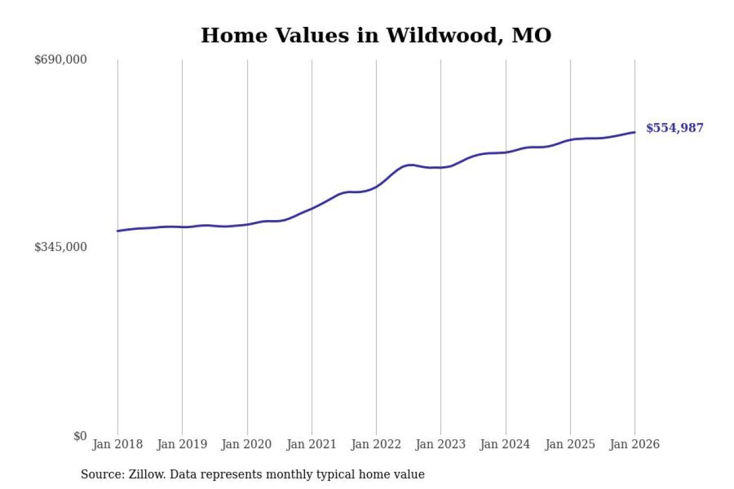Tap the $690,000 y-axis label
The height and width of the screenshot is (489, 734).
pyautogui.click(x=60, y=60)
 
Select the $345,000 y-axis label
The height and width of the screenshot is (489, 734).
pyautogui.click(x=60, y=247)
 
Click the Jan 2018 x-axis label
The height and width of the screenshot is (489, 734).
pyautogui.click(x=118, y=445)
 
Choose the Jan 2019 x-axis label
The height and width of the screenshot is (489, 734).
pyautogui.click(x=182, y=445)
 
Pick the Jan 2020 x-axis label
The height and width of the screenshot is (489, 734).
pyautogui.click(x=247, y=445)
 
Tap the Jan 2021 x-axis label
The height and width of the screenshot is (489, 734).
pyautogui.click(x=311, y=445)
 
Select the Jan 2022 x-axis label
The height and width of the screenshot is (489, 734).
pyautogui.click(x=376, y=445)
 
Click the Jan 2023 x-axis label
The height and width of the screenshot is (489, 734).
pyautogui.click(x=441, y=445)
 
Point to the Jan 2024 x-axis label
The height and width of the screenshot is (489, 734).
pyautogui.click(x=506, y=445)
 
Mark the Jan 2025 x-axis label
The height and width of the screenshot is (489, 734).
pyautogui.click(x=570, y=445)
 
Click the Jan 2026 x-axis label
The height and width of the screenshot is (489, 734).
pyautogui.click(x=635, y=445)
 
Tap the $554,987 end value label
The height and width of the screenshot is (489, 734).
pyautogui.click(x=674, y=128)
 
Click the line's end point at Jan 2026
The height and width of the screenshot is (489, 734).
pyautogui.click(x=635, y=132)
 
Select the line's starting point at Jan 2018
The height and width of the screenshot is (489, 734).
pyautogui.click(x=118, y=231)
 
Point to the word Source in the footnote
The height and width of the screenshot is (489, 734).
pyautogui.click(x=99, y=475)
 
